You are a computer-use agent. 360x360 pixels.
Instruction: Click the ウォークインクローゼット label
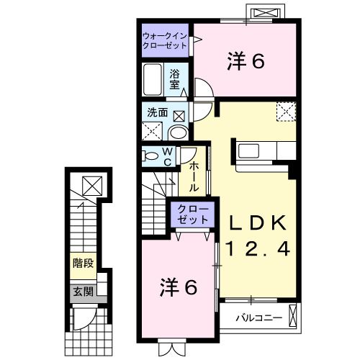pyautogui.click(x=165, y=40)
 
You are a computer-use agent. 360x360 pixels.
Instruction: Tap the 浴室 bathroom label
pyautogui.click(x=175, y=77)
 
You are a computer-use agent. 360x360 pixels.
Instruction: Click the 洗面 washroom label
pyautogui.click(x=158, y=113)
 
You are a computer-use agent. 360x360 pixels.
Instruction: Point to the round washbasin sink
pyautogui.click(x=178, y=132)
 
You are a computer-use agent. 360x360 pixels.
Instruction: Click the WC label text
pyautogui.click(x=166, y=156)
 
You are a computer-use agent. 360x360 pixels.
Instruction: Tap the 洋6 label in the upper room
pyautogui.click(x=247, y=62)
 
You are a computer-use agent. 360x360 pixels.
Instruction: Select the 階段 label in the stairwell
pyautogui.click(x=82, y=263)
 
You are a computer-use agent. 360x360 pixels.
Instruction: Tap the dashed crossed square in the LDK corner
pyautogui.click(x=286, y=112)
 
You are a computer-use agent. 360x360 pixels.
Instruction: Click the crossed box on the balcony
pyautogui.click(x=293, y=315)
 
